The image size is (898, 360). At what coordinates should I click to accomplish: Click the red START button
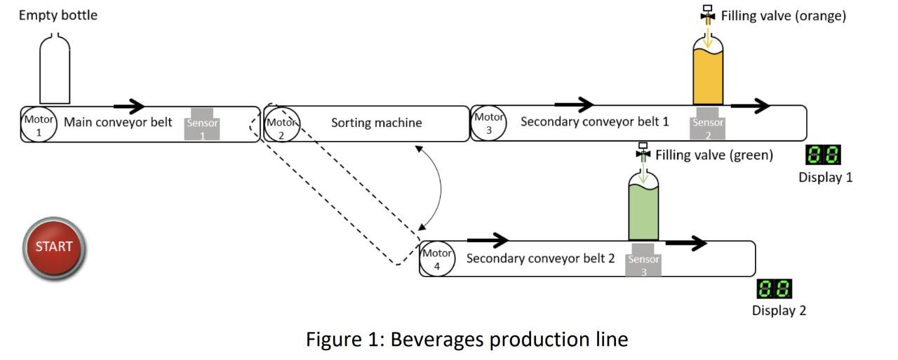(54, 247)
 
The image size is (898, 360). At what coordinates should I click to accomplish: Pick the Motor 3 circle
(489, 124)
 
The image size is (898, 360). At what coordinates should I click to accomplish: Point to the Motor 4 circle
(438, 259)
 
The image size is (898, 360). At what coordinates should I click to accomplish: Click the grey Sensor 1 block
(202, 124)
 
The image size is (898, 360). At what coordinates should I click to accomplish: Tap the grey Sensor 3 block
(643, 260)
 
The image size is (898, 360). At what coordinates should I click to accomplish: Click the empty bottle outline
(55, 70)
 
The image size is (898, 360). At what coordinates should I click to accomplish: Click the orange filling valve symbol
(707, 14)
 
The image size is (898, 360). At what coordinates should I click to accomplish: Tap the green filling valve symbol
(643, 152)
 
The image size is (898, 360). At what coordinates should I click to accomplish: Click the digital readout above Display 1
(824, 155)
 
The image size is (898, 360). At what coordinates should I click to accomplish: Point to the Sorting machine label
(376, 123)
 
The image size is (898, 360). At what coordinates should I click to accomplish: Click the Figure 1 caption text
(467, 340)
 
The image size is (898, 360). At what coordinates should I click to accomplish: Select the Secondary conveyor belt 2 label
(540, 258)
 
